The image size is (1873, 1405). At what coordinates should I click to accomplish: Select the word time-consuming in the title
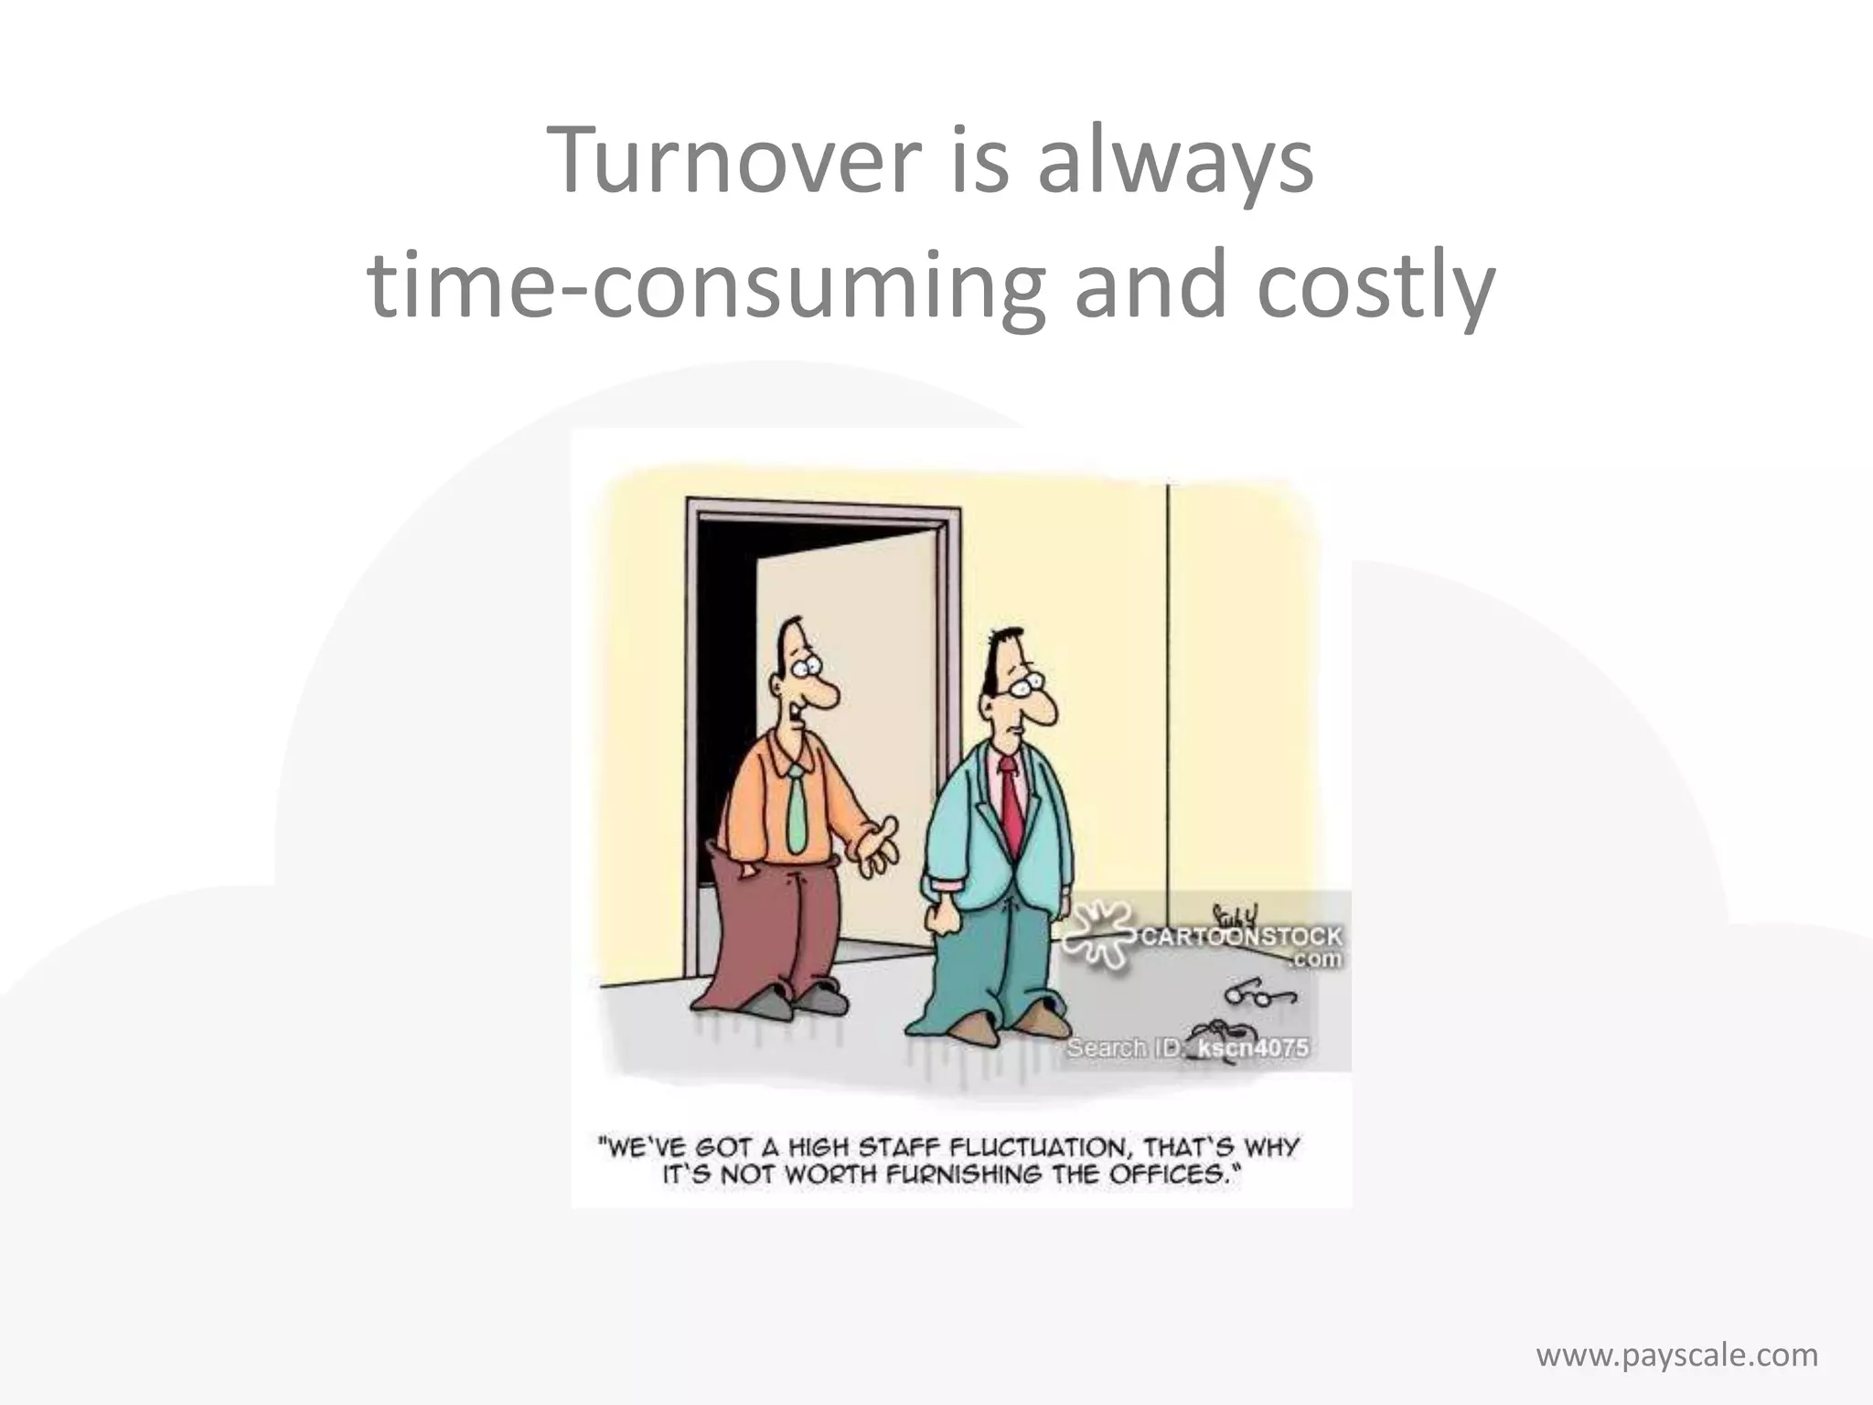click(704, 285)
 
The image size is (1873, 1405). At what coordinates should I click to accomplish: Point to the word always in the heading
click(1175, 163)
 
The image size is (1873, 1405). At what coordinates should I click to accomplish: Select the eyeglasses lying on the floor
click(1260, 993)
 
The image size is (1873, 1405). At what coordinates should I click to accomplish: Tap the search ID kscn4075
click(1253, 1047)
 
